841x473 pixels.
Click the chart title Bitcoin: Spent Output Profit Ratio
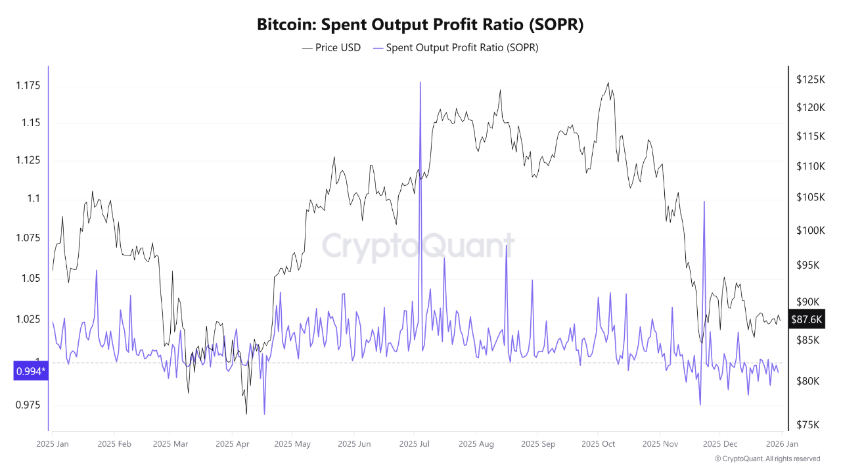point(420,25)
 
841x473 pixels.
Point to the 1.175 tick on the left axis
point(28,85)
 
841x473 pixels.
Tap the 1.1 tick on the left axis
point(34,198)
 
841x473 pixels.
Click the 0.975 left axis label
point(28,405)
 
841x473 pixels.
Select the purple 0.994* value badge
point(31,372)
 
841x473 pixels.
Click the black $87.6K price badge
point(807,320)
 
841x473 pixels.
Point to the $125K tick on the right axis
point(810,79)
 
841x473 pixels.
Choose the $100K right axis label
point(810,231)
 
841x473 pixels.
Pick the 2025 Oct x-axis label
point(599,444)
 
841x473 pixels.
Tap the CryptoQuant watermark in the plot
point(419,247)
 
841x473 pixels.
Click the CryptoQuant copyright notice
point(767,459)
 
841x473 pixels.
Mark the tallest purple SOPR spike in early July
point(420,83)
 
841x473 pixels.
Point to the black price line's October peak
point(608,83)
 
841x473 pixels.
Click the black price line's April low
point(246,413)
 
